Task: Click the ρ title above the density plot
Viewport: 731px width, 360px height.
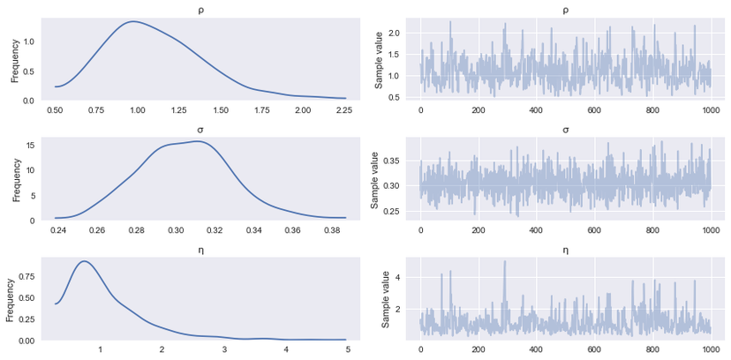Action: point(195,10)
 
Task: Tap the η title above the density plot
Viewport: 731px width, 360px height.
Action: point(195,251)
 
